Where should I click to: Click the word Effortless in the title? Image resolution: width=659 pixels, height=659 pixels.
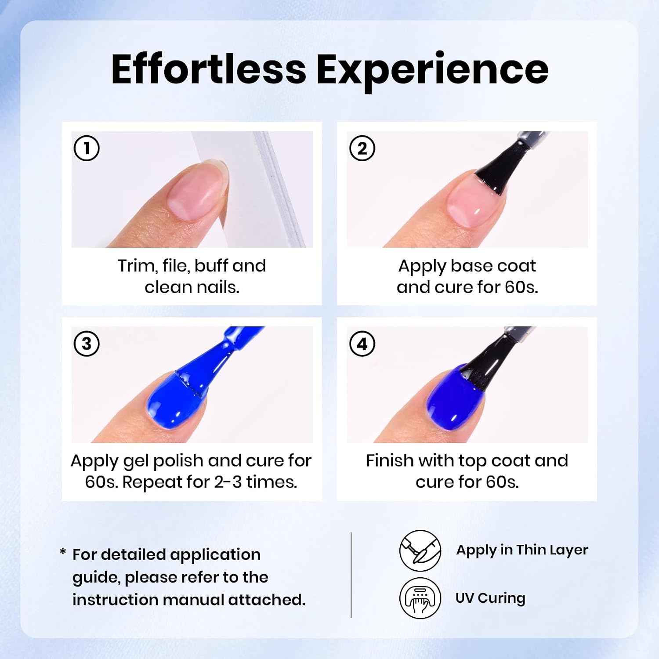click(209, 69)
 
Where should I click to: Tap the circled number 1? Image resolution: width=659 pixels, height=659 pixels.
click(87, 148)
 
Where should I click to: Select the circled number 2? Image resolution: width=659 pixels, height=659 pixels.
click(362, 148)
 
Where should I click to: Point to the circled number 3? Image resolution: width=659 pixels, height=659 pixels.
click(87, 344)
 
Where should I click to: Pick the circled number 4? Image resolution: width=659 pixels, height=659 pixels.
click(362, 344)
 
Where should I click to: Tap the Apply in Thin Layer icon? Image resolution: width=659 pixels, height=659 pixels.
click(420, 550)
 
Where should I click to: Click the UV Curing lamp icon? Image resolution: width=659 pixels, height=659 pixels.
click(420, 598)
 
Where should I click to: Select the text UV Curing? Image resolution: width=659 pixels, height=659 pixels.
click(490, 598)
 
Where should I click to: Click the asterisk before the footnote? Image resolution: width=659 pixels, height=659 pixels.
click(63, 552)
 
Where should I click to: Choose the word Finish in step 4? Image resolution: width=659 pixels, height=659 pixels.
click(390, 461)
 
